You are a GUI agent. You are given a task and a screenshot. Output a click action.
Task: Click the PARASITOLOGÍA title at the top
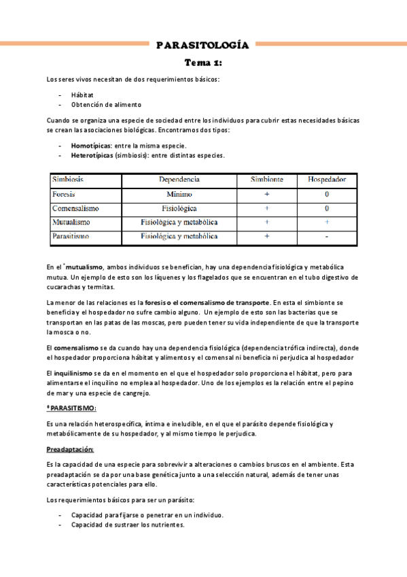tap(202, 46)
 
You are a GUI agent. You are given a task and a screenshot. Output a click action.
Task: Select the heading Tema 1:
tap(203, 63)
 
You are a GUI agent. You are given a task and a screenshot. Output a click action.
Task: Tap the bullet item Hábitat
tap(82, 95)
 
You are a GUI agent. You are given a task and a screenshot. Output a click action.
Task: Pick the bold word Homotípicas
tap(91, 146)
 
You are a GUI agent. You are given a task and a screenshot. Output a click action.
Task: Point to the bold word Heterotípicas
tap(92, 155)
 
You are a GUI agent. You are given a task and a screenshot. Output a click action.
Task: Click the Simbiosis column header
tap(70, 180)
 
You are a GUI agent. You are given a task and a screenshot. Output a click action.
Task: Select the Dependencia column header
tap(179, 180)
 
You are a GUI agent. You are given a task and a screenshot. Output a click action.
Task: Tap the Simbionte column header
tap(267, 180)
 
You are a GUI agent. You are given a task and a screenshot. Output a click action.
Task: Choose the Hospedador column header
tap(327, 180)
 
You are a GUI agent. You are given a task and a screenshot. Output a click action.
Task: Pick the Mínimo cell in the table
tap(179, 194)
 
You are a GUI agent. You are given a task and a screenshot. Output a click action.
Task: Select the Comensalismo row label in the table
tap(75, 208)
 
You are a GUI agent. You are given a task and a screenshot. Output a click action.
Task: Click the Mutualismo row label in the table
tap(71, 222)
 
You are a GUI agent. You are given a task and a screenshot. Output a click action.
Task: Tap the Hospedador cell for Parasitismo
tap(327, 236)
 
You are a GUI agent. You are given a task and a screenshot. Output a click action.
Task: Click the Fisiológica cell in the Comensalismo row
tap(179, 208)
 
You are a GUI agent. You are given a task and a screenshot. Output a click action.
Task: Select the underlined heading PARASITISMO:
tap(73, 408)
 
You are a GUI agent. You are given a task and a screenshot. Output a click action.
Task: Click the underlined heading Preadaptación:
tap(70, 449)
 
